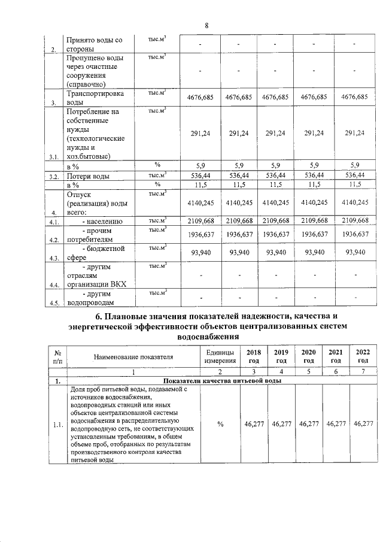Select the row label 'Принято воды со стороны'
tap(94, 44)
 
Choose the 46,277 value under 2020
tap(308, 424)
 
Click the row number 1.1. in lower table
tap(57, 425)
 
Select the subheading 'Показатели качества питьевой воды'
tap(221, 381)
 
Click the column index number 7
tap(363, 372)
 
